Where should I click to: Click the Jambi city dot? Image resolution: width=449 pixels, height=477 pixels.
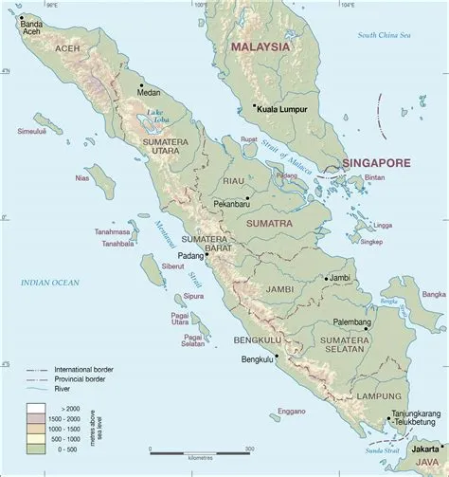pyautogui.click(x=325, y=279)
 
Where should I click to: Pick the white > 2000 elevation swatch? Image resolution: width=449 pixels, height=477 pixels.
pyautogui.click(x=35, y=406)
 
